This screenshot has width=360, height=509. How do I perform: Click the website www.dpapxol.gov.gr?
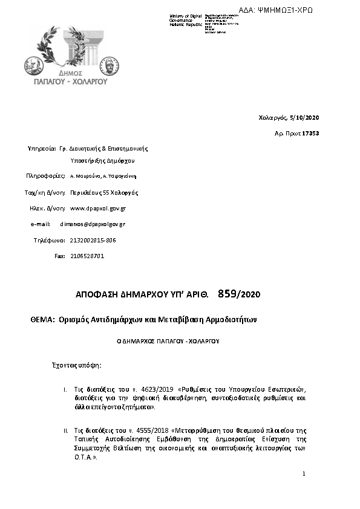[98, 208]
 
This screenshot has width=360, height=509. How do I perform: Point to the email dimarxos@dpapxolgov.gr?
[93, 224]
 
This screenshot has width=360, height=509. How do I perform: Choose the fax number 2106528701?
[87, 256]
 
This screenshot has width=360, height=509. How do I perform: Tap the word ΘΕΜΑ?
[43, 319]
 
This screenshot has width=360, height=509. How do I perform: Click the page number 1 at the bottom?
[304, 474]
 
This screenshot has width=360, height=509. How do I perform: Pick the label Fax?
[59, 256]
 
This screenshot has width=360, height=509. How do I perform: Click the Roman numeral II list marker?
[65, 430]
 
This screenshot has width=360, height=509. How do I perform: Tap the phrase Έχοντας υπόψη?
[76, 366]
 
